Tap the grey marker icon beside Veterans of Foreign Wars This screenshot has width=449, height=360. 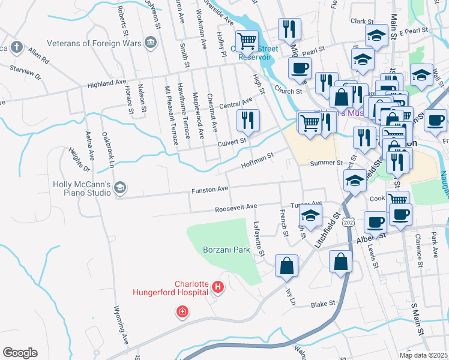tap(150, 43)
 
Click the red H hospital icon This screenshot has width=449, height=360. tap(217, 289)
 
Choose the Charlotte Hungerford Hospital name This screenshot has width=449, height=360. tap(174, 289)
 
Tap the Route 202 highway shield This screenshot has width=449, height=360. tap(349, 221)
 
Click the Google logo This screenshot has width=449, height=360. tap(20, 353)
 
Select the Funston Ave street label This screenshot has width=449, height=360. tap(209, 190)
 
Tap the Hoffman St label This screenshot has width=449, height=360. tap(257, 159)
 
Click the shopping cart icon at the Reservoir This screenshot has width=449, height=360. tap(247, 41)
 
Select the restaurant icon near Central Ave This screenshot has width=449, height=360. tap(247, 120)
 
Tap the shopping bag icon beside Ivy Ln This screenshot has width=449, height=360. tap(287, 265)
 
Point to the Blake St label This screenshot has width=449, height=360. tap(322, 305)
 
